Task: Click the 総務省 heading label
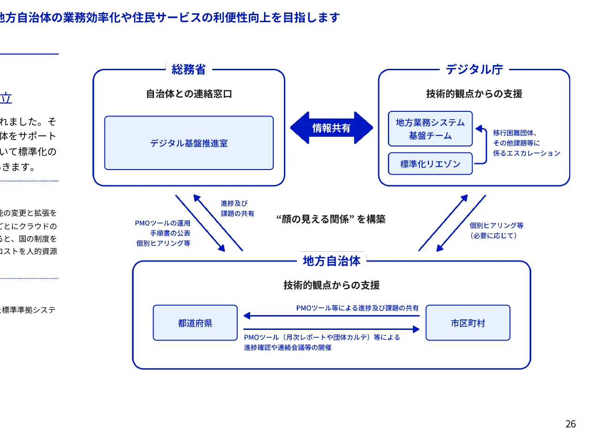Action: (x=189, y=69)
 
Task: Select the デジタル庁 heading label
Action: (x=474, y=69)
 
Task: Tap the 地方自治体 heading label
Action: (x=331, y=261)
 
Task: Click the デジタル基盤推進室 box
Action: (x=189, y=143)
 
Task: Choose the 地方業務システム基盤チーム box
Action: (x=430, y=129)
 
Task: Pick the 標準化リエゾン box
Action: (x=430, y=164)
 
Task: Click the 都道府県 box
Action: (x=195, y=323)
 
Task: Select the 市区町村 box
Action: (x=467, y=323)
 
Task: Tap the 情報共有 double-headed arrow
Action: (x=331, y=128)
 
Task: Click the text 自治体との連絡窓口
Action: (x=189, y=94)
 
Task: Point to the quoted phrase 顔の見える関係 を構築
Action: (x=331, y=219)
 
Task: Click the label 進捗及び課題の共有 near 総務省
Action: (x=237, y=208)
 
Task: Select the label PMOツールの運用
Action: (x=163, y=223)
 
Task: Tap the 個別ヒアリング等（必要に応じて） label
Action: (x=496, y=230)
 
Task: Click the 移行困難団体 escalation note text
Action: (x=526, y=143)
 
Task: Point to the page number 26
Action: (x=571, y=424)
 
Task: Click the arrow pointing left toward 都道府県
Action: (x=331, y=316)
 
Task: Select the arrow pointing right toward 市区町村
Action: (x=331, y=329)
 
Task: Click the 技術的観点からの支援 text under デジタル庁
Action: (x=474, y=94)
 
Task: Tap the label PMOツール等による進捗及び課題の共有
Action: (x=357, y=308)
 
